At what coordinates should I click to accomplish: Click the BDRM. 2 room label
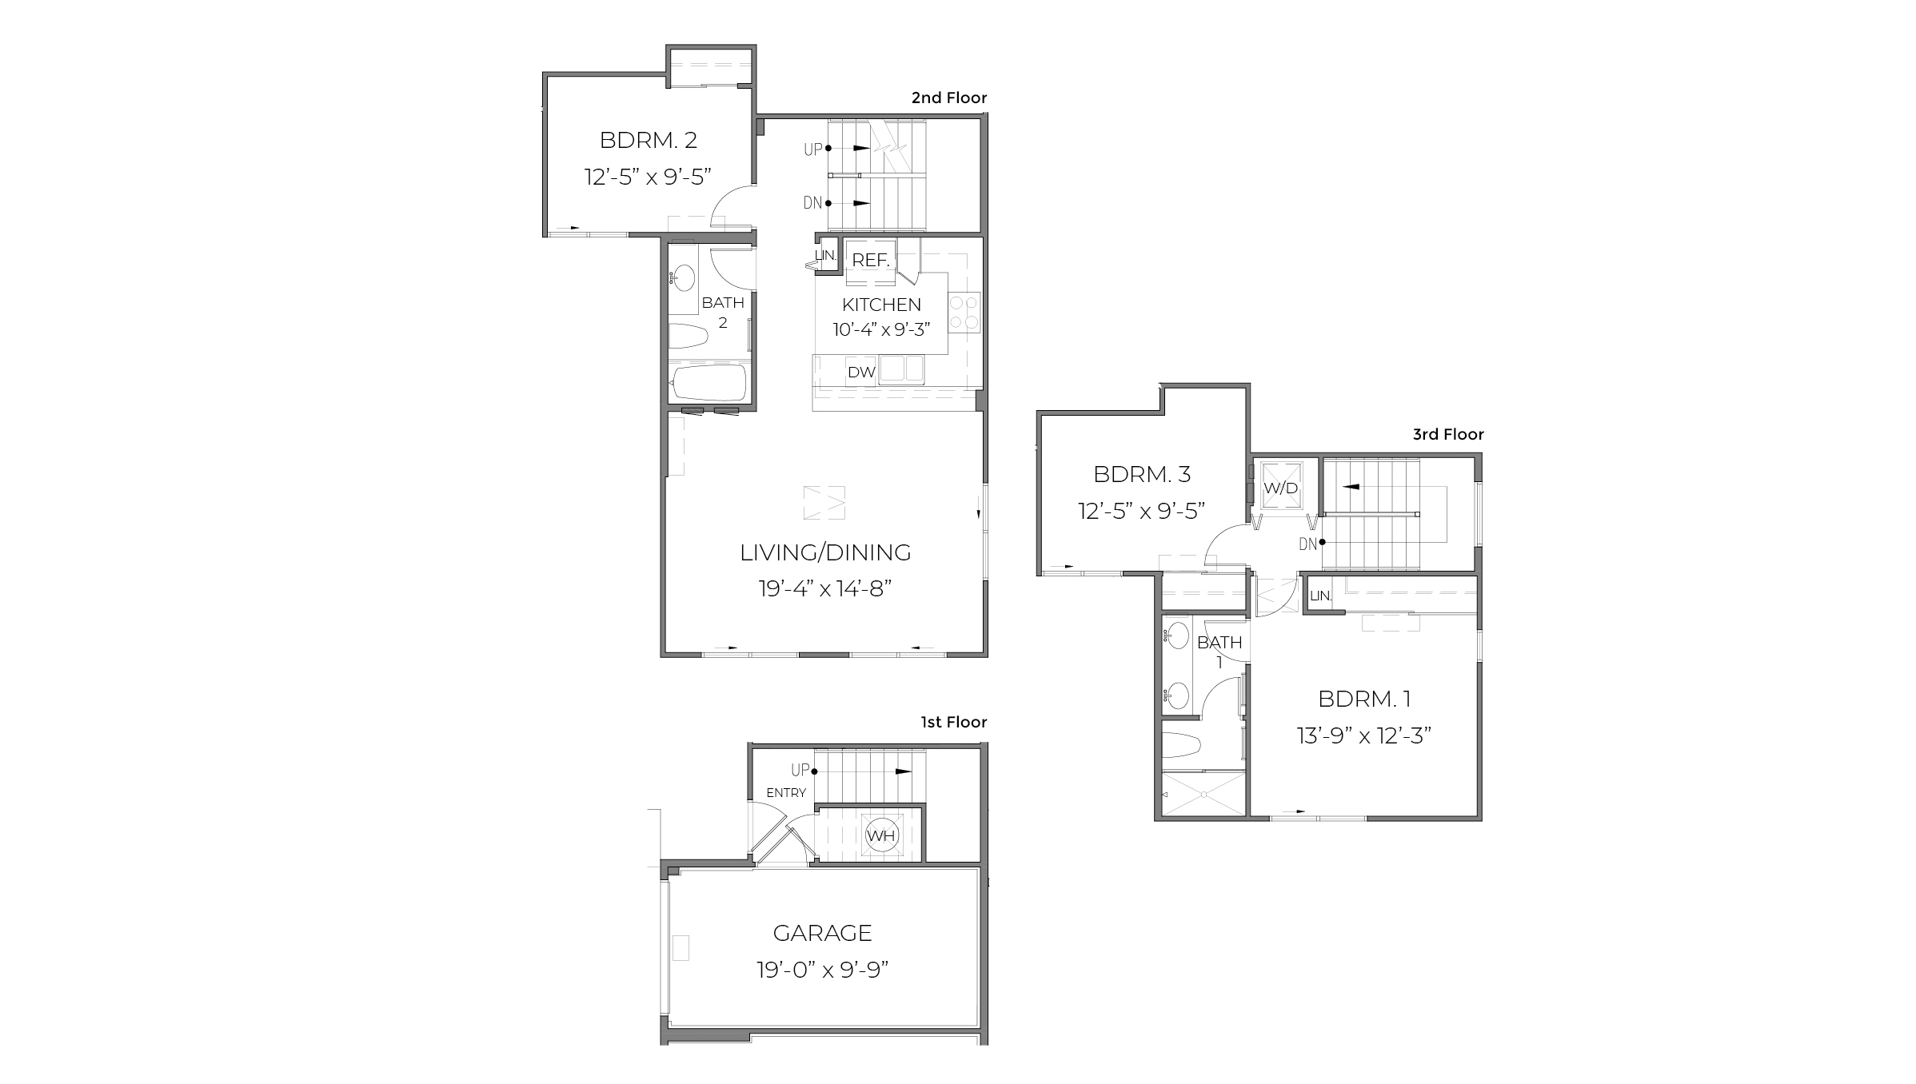[x=648, y=140]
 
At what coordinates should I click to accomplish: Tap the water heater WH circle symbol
[x=881, y=836]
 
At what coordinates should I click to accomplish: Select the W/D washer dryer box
[x=1280, y=488]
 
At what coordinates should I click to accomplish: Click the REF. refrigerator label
[x=870, y=260]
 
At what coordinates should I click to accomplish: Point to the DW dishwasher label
[x=861, y=372]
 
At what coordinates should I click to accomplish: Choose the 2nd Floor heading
[x=949, y=98]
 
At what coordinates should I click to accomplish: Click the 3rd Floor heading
[x=1447, y=434]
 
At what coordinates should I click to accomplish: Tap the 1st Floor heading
[x=953, y=722]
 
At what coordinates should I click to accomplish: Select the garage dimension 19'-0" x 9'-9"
[x=822, y=970]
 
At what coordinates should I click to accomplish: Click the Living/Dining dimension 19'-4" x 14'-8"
[x=824, y=589]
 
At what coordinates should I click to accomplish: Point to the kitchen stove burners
[x=964, y=313]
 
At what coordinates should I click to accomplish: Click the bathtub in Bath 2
[x=709, y=383]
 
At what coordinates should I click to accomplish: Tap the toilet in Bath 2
[x=689, y=336]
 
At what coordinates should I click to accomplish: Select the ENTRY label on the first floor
[x=786, y=793]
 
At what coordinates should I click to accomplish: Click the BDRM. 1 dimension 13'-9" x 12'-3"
[x=1363, y=735]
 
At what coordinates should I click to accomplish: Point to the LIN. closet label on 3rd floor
[x=1320, y=596]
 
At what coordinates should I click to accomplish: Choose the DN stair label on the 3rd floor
[x=1307, y=544]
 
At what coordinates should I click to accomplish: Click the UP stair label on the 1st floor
[x=800, y=770]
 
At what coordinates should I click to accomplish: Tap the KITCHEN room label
[x=881, y=305]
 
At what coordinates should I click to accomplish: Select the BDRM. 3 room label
[x=1141, y=474]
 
